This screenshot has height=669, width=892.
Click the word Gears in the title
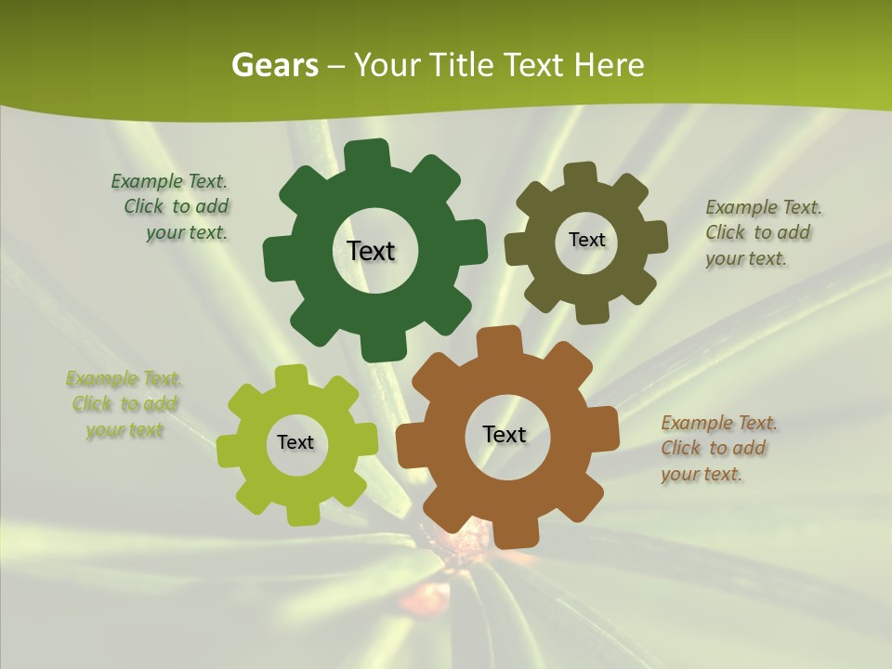coord(274,65)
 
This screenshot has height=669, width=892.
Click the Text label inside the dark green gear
coord(371,251)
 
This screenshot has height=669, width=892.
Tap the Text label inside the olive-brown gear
coord(586,240)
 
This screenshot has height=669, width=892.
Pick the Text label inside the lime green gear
coord(295,442)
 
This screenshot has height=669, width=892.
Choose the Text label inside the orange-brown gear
coord(505,434)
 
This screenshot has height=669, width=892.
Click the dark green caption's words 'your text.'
coord(187,233)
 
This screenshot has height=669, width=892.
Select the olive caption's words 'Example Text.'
coord(764,207)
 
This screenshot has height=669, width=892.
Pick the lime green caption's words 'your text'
coord(125,430)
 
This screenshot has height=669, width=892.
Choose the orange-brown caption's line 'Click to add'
coord(714,448)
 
